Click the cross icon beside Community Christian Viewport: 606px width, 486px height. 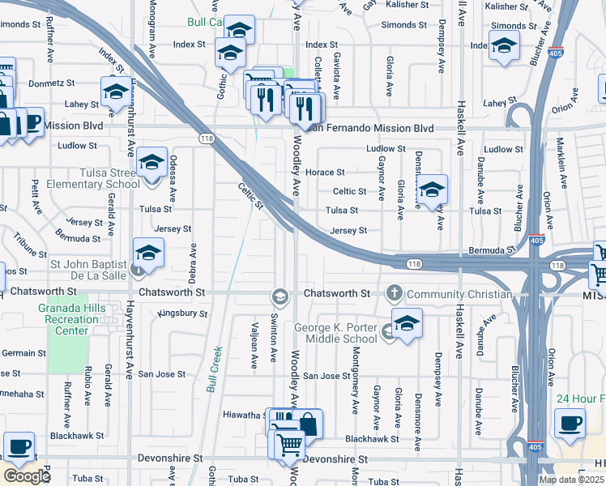pyautogui.click(x=395, y=292)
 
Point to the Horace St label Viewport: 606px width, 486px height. pyautogui.click(x=325, y=173)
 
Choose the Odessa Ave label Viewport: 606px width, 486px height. pyautogui.click(x=173, y=179)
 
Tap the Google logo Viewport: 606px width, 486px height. pyautogui.click(x=27, y=476)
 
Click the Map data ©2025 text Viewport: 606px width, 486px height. pyautogui.click(x=571, y=480)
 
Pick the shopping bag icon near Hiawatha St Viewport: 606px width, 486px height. pyautogui.click(x=308, y=424)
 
